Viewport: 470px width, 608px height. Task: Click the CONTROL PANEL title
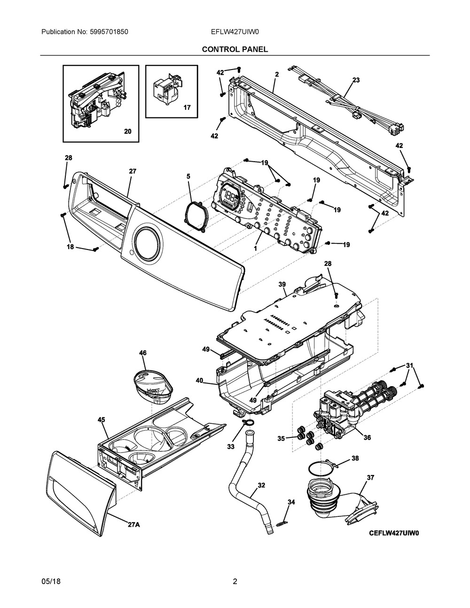pyautogui.click(x=235, y=49)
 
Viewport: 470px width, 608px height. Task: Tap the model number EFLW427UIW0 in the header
pyautogui.click(x=235, y=32)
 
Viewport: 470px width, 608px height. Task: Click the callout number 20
pyautogui.click(x=128, y=132)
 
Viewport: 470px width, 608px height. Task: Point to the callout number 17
pyautogui.click(x=187, y=108)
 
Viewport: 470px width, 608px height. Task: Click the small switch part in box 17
pyautogui.click(x=164, y=89)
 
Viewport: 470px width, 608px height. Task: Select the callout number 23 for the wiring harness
pyautogui.click(x=356, y=80)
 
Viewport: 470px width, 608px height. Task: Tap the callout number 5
pyautogui.click(x=188, y=177)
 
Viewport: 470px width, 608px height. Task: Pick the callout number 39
pyautogui.click(x=282, y=285)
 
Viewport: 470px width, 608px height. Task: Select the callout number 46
pyautogui.click(x=142, y=352)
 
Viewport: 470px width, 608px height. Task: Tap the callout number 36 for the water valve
pyautogui.click(x=367, y=437)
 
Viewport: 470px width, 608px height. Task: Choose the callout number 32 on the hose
pyautogui.click(x=261, y=485)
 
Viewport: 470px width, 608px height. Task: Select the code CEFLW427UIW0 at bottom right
pyautogui.click(x=393, y=533)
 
